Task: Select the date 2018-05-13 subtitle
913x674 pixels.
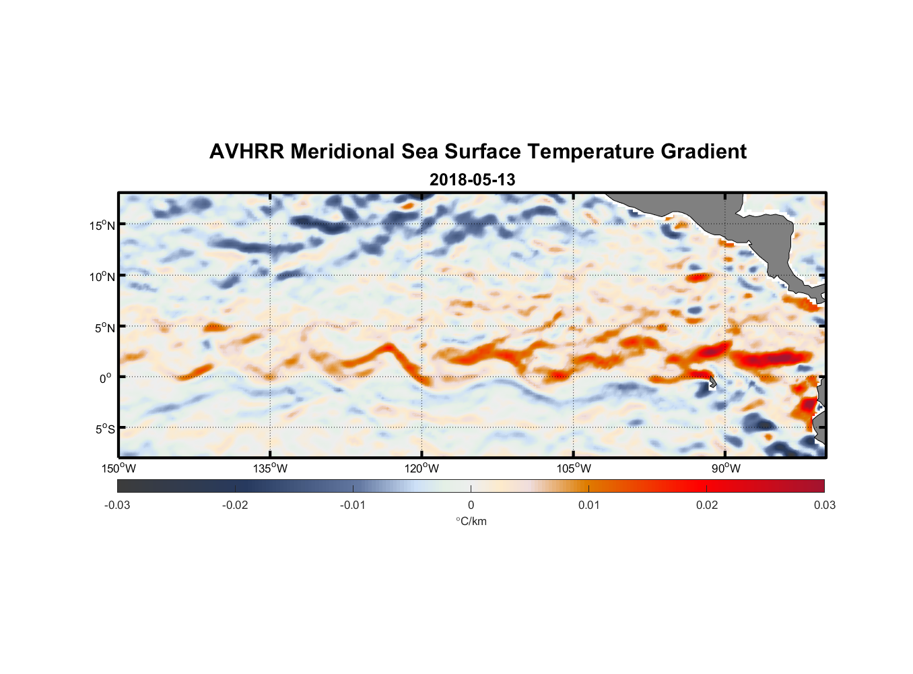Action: pyautogui.click(x=472, y=180)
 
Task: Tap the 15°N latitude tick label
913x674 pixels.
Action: pyautogui.click(x=102, y=225)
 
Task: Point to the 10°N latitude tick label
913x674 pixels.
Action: pyautogui.click(x=102, y=276)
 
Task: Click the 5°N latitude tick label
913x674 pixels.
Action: pyautogui.click(x=105, y=328)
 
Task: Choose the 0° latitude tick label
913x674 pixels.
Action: pyautogui.click(x=106, y=378)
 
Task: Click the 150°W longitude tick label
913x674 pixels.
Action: pyautogui.click(x=119, y=468)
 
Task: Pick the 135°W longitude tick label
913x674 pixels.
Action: pyautogui.click(x=270, y=468)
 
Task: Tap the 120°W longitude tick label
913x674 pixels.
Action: pyautogui.click(x=421, y=468)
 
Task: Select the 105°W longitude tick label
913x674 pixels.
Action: pyautogui.click(x=574, y=468)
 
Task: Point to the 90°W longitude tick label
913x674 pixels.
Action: pyautogui.click(x=725, y=468)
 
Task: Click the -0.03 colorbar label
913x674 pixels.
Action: pyautogui.click(x=117, y=505)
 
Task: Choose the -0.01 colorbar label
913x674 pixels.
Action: pyautogui.click(x=353, y=505)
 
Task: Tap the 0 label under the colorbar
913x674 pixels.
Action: pyautogui.click(x=471, y=505)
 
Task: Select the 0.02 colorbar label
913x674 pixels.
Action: pyautogui.click(x=707, y=505)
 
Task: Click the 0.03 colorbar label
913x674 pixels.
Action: pyautogui.click(x=824, y=505)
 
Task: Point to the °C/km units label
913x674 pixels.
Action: pyautogui.click(x=471, y=521)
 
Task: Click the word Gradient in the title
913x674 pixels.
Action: pyautogui.click(x=704, y=152)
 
